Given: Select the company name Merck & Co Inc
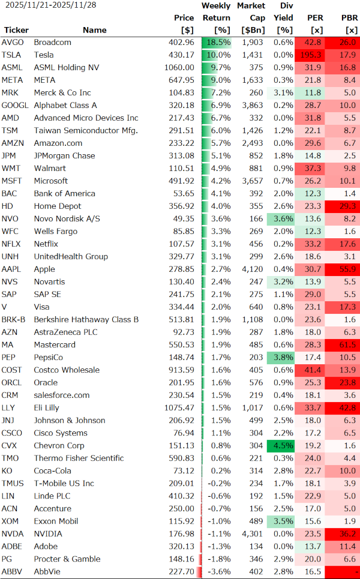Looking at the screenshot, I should coord(62,93).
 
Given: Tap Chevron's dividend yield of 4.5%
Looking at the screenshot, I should coord(283,445).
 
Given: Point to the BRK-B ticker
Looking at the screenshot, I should coord(13,320).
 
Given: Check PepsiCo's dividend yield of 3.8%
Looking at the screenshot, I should coord(283,358).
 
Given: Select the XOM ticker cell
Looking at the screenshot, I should coord(11,521).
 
